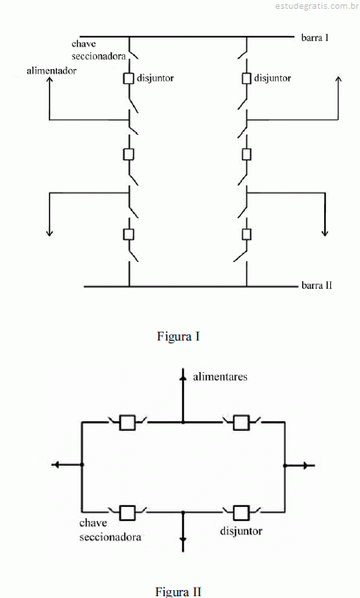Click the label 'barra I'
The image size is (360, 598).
coord(314,38)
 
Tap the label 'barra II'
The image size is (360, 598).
coord(316,285)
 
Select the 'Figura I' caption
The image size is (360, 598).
coord(178,336)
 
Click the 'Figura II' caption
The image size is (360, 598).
coord(178,592)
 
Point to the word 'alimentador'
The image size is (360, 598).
coord(52,71)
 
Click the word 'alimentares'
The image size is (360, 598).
coord(220,376)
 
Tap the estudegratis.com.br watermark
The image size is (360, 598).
coord(316,6)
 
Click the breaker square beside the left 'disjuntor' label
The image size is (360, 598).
coord(129,78)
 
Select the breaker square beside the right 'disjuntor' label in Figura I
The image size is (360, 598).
coord(247,78)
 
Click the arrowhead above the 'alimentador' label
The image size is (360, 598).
coord(50,80)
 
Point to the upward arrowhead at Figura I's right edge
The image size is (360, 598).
coord(338,79)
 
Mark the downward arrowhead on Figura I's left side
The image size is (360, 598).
coord(50,233)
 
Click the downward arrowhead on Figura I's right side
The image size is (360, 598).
coord(325,233)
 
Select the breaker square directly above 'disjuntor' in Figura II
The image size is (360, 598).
coord(241,513)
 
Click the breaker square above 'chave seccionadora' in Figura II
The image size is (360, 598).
coord(127,513)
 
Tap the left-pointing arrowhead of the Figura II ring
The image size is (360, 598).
coord(56,465)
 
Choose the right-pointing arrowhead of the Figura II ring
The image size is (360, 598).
coord(305,465)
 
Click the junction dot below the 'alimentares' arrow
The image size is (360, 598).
coord(183,422)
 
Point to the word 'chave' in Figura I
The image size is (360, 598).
coord(83,44)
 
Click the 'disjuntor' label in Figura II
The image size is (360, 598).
coord(241,531)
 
